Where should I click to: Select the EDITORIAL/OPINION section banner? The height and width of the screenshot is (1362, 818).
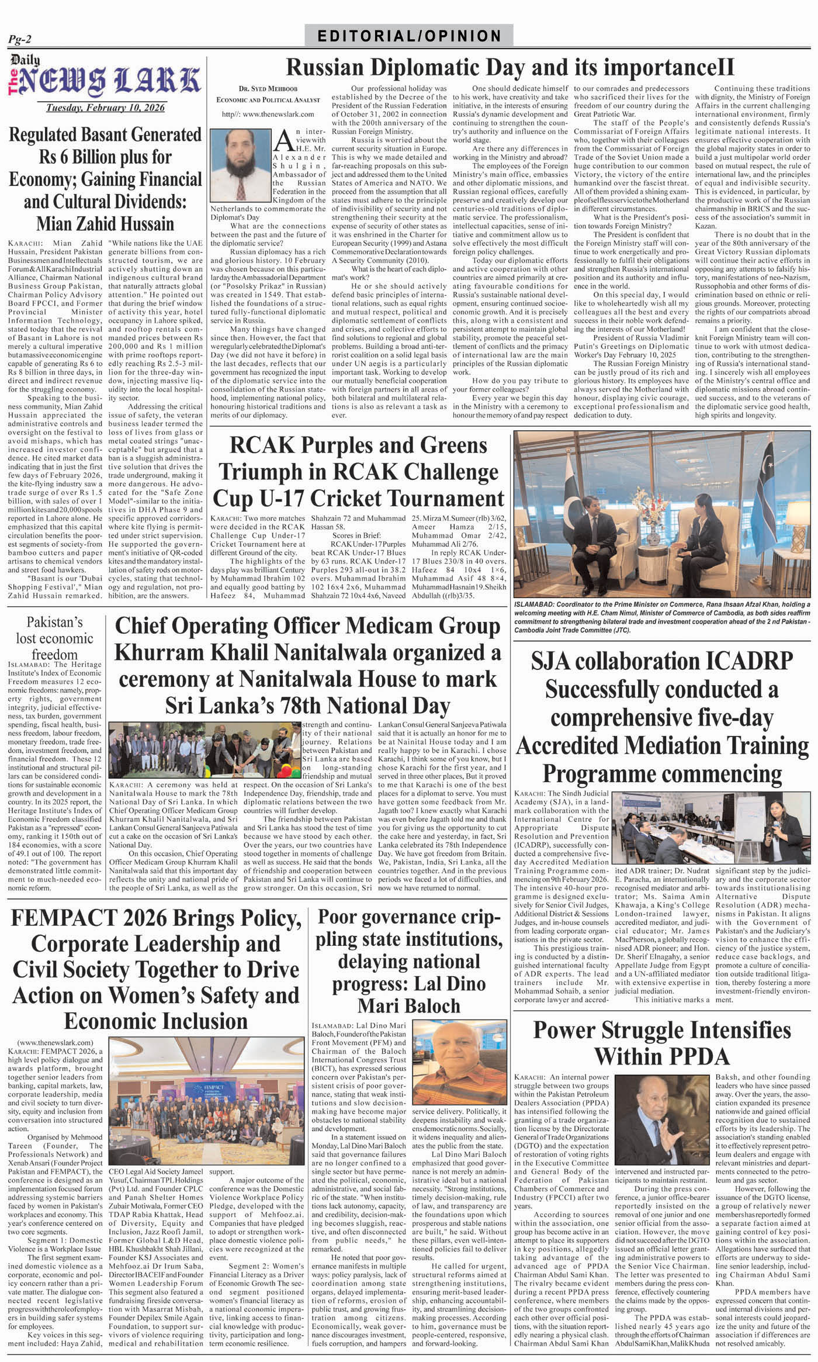(409, 36)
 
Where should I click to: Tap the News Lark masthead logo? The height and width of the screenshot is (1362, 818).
(105, 79)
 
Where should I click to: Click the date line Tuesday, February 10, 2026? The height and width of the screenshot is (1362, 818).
(105, 108)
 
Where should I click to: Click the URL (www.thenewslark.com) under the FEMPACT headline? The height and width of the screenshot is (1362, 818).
(56, 1042)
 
